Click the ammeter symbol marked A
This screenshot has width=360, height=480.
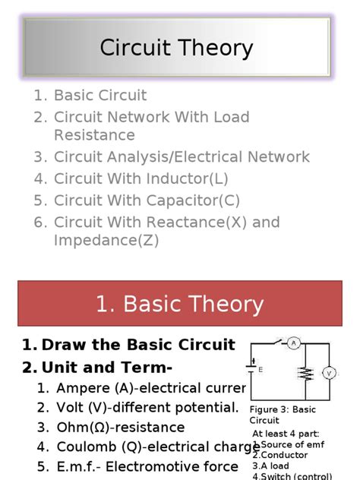[x=293, y=343]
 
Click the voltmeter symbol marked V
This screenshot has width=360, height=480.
[x=329, y=373]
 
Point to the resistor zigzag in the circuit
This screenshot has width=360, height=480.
[x=305, y=374]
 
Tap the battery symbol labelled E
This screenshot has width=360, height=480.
[x=253, y=368]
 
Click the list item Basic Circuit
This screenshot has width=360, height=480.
[x=100, y=96]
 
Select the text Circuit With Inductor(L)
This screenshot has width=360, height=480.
[x=141, y=179]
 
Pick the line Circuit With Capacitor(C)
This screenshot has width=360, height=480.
[x=147, y=201]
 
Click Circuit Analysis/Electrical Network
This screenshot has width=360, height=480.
[x=182, y=157]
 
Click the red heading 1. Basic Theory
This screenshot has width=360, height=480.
[x=179, y=305]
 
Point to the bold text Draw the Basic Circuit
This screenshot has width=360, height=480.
[x=138, y=345]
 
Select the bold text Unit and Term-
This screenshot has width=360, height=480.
[x=107, y=368]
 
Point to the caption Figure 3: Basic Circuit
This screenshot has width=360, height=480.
[x=282, y=415]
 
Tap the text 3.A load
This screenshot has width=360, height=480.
[x=271, y=466]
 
